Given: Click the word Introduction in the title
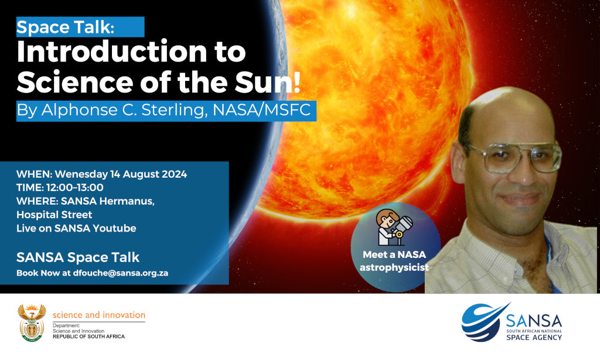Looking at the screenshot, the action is click(112, 52).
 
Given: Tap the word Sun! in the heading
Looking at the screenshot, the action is click(267, 82).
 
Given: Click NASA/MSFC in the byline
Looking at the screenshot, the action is click(261, 110).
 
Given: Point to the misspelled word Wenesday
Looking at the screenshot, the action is click(81, 174).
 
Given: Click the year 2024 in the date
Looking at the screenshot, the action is click(174, 174).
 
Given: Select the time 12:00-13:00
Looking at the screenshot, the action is click(74, 188).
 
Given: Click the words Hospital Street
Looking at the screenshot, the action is click(54, 215).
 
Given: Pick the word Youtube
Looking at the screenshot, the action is click(114, 228).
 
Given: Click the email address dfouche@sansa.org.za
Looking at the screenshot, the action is click(121, 273).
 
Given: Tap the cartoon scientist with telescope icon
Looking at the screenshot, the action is click(394, 227).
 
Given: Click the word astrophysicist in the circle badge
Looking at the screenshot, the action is click(394, 267).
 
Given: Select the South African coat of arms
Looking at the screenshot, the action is click(32, 323).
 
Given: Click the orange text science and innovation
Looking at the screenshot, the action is click(98, 315).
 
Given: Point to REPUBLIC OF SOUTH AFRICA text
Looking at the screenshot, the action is click(89, 337).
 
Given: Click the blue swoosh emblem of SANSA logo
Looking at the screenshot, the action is click(483, 322).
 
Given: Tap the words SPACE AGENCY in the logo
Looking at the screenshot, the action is click(534, 337).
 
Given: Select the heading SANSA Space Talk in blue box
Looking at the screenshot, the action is click(78, 257).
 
